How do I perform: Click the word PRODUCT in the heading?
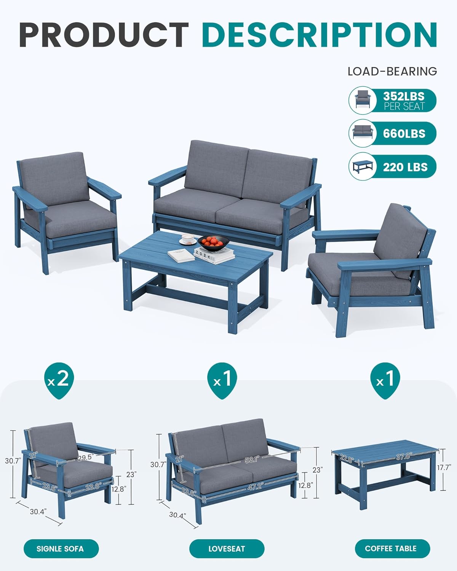(104, 35)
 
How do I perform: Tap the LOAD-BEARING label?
(392, 71)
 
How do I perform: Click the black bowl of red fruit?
(213, 242)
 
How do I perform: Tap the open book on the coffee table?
(182, 255)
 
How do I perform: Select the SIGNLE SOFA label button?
(60, 549)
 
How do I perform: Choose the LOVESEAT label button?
(227, 549)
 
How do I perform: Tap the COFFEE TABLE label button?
(391, 549)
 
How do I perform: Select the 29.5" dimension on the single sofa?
(86, 458)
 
